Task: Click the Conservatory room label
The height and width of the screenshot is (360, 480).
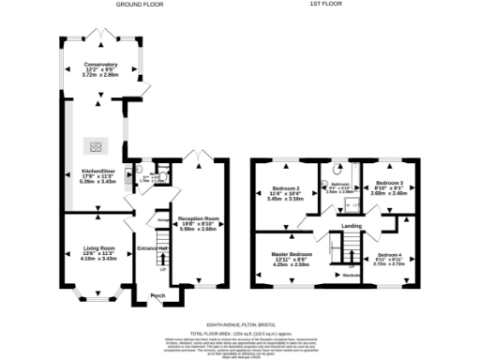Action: click(101, 68)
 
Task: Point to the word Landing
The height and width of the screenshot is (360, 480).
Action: click(352, 226)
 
